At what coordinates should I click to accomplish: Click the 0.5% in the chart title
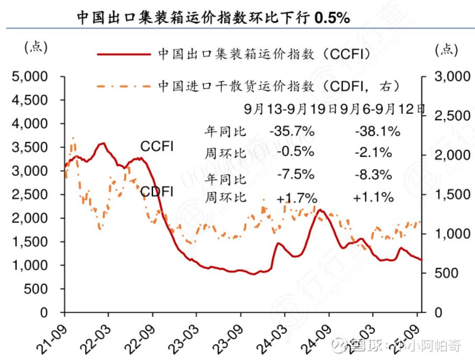pos(332,18)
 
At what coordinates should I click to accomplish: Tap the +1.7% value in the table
pos(297,198)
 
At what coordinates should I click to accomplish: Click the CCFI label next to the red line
pos(157,147)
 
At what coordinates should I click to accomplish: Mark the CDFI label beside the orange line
pos(157,192)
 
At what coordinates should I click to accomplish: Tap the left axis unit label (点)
pos(35,48)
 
